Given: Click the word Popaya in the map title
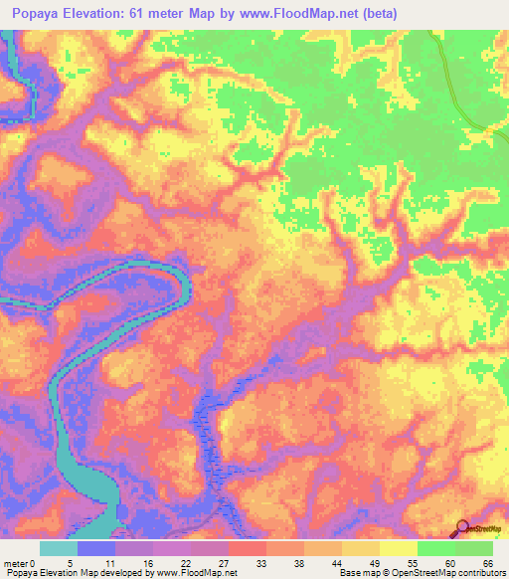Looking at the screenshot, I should point(46,14).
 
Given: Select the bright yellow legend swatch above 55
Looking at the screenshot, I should point(398,548).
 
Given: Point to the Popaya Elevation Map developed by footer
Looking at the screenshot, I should point(119,573).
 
